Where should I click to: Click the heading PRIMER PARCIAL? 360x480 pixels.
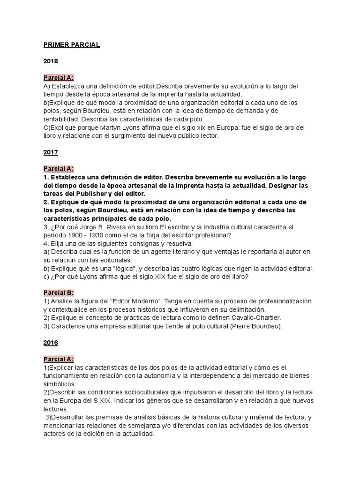pos(71,45)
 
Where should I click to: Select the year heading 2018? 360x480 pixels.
pos(50,61)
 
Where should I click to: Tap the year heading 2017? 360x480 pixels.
pos(50,152)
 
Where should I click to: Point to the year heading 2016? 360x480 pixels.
pos(50,343)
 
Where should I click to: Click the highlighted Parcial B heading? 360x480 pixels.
pos(59,292)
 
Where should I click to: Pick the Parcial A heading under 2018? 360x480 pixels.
pos(59,78)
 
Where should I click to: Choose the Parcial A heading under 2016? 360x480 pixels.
pos(59,359)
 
